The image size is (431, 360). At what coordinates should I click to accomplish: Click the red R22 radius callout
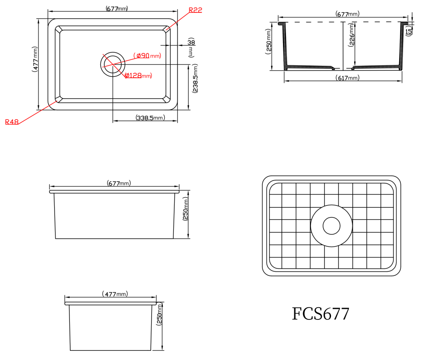click(195, 10)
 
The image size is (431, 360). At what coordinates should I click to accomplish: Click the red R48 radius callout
click(12, 122)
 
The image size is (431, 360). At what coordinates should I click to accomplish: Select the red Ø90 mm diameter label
click(148, 55)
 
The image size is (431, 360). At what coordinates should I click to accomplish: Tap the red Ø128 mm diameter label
click(138, 76)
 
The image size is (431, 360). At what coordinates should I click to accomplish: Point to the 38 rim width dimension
click(191, 42)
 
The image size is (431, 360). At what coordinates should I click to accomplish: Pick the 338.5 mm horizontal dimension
click(150, 118)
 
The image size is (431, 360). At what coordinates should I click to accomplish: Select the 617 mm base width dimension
click(348, 78)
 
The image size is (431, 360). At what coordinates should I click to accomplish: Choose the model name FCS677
click(321, 314)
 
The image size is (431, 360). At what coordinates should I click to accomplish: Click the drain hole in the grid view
click(331, 226)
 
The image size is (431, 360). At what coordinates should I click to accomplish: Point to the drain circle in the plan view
click(113, 64)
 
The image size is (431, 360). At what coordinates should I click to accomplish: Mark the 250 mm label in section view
click(269, 40)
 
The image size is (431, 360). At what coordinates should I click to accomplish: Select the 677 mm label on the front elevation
click(119, 184)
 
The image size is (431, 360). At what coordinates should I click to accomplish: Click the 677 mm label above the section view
click(348, 14)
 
